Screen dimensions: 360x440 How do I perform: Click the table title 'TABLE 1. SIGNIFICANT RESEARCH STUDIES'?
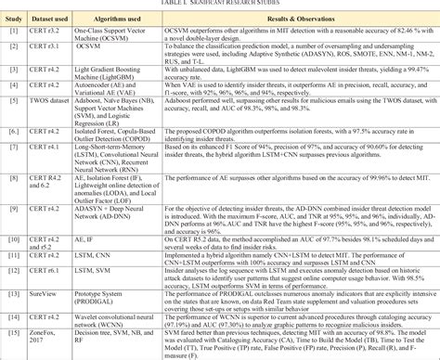tap(219, 5)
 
